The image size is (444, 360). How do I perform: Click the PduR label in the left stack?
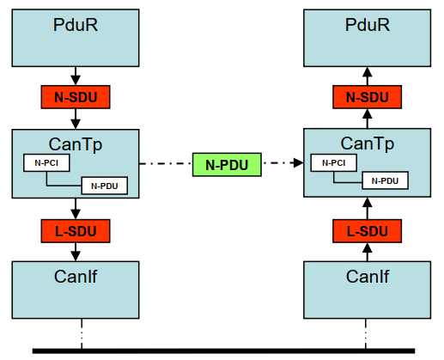76,25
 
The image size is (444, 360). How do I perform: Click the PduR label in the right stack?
368,25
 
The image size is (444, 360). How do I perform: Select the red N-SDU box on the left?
76,97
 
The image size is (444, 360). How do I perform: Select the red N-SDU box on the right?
368,97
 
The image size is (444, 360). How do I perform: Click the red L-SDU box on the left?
76,230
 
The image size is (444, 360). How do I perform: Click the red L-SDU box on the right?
368,230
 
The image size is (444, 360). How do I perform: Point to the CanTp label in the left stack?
76,143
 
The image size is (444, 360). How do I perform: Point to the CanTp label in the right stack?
368,143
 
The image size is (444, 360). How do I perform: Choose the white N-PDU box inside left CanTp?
104,185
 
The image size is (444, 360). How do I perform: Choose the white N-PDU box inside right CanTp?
385,180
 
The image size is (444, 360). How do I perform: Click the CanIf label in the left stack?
76,276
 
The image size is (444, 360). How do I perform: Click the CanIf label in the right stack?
368,276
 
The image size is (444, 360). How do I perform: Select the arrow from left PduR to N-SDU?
76,76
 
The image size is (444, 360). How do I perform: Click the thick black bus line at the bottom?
223,351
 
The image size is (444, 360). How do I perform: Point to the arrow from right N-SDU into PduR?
368,76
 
